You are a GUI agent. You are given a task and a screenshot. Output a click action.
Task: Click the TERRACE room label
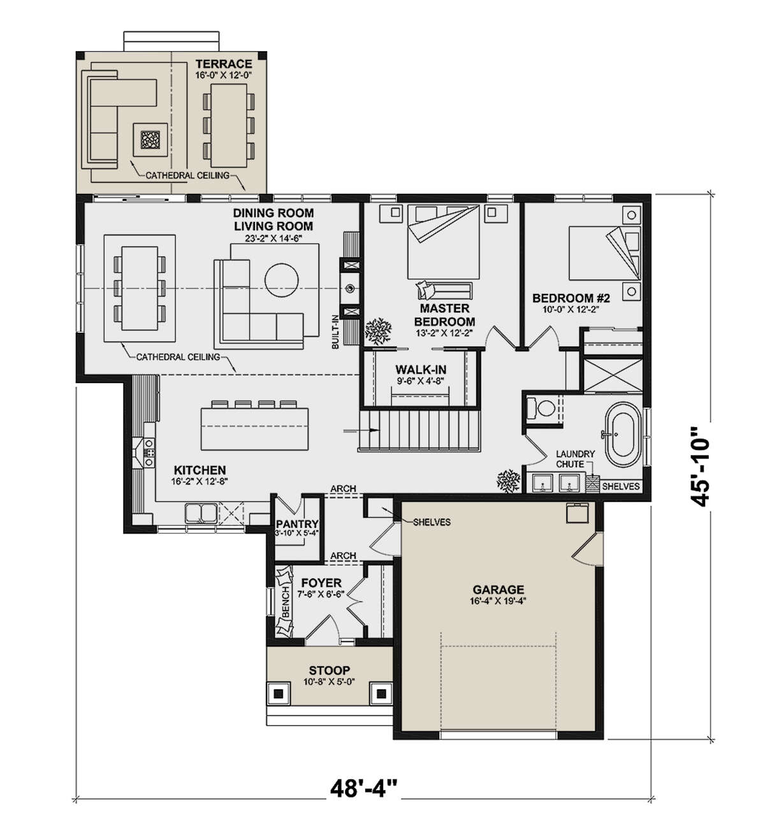(x=224, y=64)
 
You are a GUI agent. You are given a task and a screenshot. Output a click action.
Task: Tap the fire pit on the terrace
(x=150, y=140)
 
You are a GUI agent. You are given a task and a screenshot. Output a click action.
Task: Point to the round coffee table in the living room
(x=282, y=280)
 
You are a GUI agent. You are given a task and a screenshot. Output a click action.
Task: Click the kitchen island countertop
(x=254, y=428)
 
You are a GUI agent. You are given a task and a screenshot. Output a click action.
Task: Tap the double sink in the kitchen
(x=200, y=513)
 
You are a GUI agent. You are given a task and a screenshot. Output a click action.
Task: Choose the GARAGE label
(x=498, y=590)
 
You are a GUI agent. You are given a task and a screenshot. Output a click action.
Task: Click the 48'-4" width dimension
(x=364, y=788)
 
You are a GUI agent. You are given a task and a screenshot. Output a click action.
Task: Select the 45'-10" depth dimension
(x=700, y=466)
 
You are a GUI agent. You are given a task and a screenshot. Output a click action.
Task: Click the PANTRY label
(x=297, y=524)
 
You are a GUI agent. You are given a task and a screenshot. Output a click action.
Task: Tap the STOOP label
(x=330, y=670)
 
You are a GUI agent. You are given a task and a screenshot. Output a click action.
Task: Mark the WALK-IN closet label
(x=421, y=369)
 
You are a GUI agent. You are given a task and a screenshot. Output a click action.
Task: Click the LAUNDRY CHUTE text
(x=576, y=459)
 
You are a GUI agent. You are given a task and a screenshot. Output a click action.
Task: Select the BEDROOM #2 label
(x=571, y=298)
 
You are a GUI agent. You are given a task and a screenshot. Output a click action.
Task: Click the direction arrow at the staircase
(x=361, y=430)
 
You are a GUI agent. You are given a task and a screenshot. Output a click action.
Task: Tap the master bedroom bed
(x=443, y=242)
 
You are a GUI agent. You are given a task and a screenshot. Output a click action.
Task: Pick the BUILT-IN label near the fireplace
(x=335, y=332)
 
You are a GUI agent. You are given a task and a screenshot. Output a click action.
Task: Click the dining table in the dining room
(x=140, y=288)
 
